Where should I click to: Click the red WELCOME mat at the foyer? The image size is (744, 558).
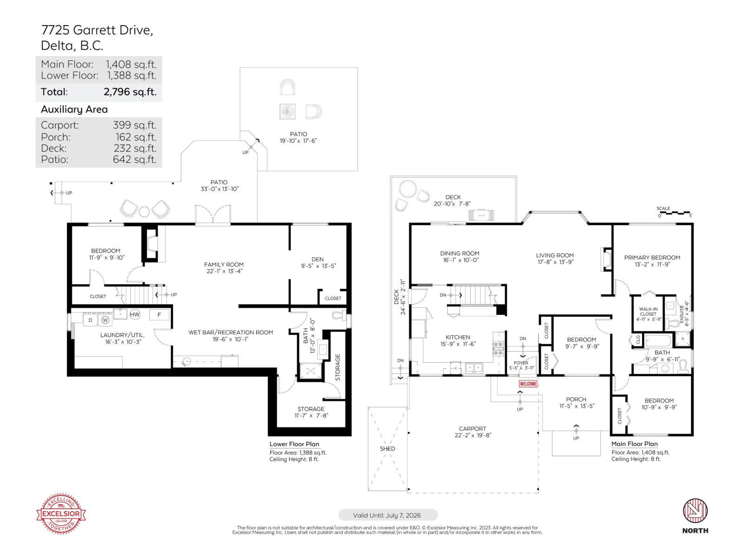(x=528, y=384)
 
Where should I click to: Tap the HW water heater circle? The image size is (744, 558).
(x=135, y=315)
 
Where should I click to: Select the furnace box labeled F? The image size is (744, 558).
(x=159, y=315)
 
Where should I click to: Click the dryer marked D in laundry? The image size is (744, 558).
(x=91, y=320)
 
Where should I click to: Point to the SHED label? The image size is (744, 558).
(x=387, y=449)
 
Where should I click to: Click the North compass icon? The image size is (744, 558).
(x=695, y=511)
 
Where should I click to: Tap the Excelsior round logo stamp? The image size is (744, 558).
(x=61, y=514)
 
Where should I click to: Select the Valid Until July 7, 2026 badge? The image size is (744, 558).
(x=388, y=515)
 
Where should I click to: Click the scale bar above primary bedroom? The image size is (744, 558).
(x=675, y=213)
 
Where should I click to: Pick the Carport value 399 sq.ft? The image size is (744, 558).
(x=134, y=125)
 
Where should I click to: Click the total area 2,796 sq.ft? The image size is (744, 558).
(x=130, y=92)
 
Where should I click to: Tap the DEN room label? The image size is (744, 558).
(x=318, y=259)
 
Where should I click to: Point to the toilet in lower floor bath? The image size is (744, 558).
(x=340, y=315)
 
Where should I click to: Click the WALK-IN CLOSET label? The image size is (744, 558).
(x=648, y=312)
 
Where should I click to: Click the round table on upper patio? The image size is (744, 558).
(x=287, y=112)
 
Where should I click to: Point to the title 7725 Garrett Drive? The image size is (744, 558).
(x=97, y=30)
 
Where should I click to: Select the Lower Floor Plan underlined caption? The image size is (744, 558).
(x=294, y=444)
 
